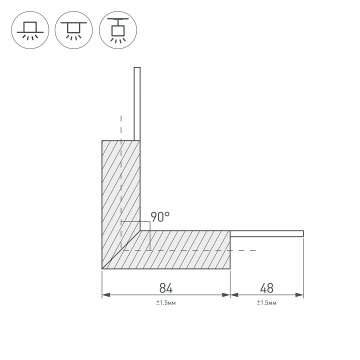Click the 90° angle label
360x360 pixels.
pos(160,217)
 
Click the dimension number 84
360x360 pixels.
pos(166,288)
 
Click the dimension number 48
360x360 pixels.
pos(267,288)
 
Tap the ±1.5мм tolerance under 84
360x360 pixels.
pos(166,302)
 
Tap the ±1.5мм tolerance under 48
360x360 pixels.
pos(266,302)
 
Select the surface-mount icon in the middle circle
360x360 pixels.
pos(73,30)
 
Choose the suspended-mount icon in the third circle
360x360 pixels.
pos(118,30)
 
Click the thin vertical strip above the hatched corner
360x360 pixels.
pos(137,104)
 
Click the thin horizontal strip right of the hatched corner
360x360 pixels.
pos(267,233)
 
